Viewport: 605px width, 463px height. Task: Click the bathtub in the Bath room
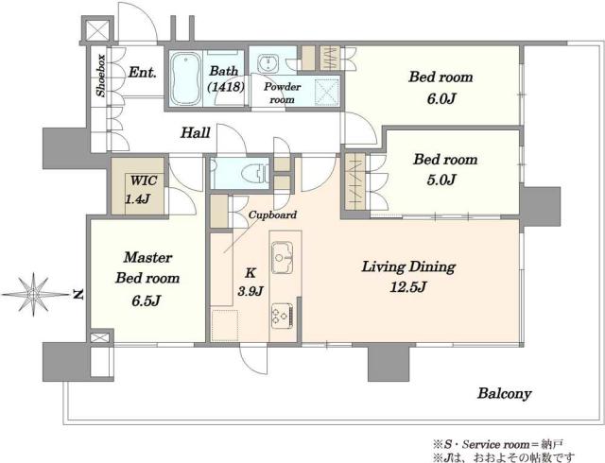pos(186,78)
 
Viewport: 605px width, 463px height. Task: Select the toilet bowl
pos(254,172)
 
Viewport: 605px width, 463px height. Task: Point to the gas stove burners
pos(282,316)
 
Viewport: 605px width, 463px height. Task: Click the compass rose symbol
pos(35,295)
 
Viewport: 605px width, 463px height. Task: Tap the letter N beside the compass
pos(78,295)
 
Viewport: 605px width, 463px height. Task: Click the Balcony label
pos(504,393)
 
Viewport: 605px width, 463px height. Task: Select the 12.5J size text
pos(408,287)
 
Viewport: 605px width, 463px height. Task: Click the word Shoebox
pos(101,76)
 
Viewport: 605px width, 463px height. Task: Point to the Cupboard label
pos(272,214)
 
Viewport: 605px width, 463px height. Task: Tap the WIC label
pos(143,180)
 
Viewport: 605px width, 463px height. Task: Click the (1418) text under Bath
pos(226,87)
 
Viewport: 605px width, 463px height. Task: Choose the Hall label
pos(196,132)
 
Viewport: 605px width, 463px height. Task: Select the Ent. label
pos(143,72)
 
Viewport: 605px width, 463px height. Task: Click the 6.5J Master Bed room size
pos(146,300)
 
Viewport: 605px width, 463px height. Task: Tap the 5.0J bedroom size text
pos(441,180)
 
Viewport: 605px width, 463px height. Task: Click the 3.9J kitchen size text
pos(251,291)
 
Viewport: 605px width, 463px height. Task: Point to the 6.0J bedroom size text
pos(441,99)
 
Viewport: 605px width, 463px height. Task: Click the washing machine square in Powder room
pos(327,92)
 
